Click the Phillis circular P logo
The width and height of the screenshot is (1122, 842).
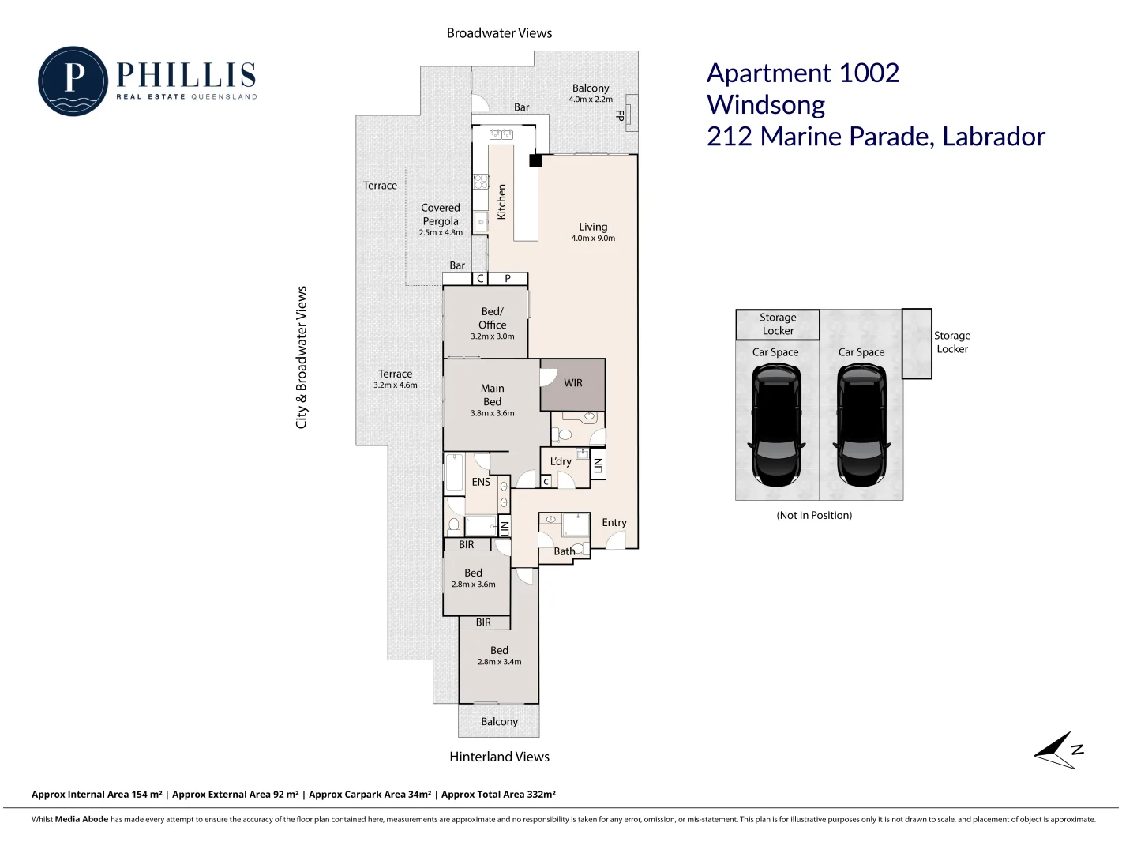click(73, 81)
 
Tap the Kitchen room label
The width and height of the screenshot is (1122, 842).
click(501, 201)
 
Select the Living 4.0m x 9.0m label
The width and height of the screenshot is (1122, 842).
click(593, 231)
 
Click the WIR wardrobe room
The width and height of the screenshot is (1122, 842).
click(573, 383)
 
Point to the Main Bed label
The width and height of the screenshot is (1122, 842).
click(492, 395)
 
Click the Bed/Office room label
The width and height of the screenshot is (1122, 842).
click(492, 318)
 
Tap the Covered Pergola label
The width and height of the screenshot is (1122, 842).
click(441, 214)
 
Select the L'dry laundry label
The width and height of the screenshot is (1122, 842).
click(561, 461)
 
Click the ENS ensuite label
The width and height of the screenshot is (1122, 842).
click(481, 482)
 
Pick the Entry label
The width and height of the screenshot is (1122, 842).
click(614, 522)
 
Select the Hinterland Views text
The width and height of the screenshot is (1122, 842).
click(499, 757)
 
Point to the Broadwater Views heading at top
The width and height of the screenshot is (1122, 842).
click(499, 33)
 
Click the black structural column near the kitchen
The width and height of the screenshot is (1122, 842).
click(535, 160)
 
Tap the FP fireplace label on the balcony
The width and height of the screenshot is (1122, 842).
click(620, 115)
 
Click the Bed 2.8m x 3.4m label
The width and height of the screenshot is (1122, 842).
click(499, 656)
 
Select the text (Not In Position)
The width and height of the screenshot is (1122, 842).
click(814, 515)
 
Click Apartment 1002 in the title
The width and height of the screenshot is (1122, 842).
click(803, 73)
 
